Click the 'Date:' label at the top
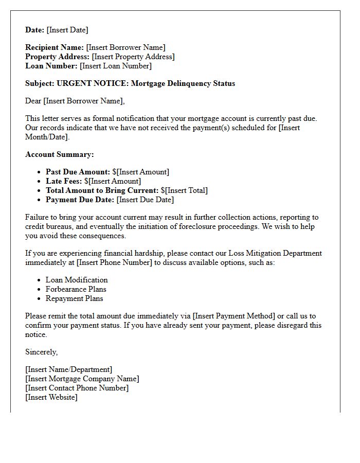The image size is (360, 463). (x=35, y=30)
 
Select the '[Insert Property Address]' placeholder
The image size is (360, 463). (x=133, y=57)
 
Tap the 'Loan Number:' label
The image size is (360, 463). (x=51, y=66)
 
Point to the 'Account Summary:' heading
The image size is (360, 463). (x=60, y=154)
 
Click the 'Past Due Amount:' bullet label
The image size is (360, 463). (x=78, y=172)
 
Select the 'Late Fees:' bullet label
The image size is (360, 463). (x=64, y=181)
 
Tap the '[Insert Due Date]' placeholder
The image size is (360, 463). (x=146, y=200)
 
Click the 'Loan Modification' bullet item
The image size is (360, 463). (x=77, y=280)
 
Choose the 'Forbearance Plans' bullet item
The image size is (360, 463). (x=76, y=289)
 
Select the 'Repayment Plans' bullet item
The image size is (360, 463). (x=74, y=298)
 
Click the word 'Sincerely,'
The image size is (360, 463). (x=42, y=352)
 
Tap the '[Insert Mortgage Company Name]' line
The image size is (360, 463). (x=82, y=379)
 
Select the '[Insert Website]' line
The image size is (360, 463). (x=51, y=397)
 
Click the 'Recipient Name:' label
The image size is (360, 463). (x=55, y=47)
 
